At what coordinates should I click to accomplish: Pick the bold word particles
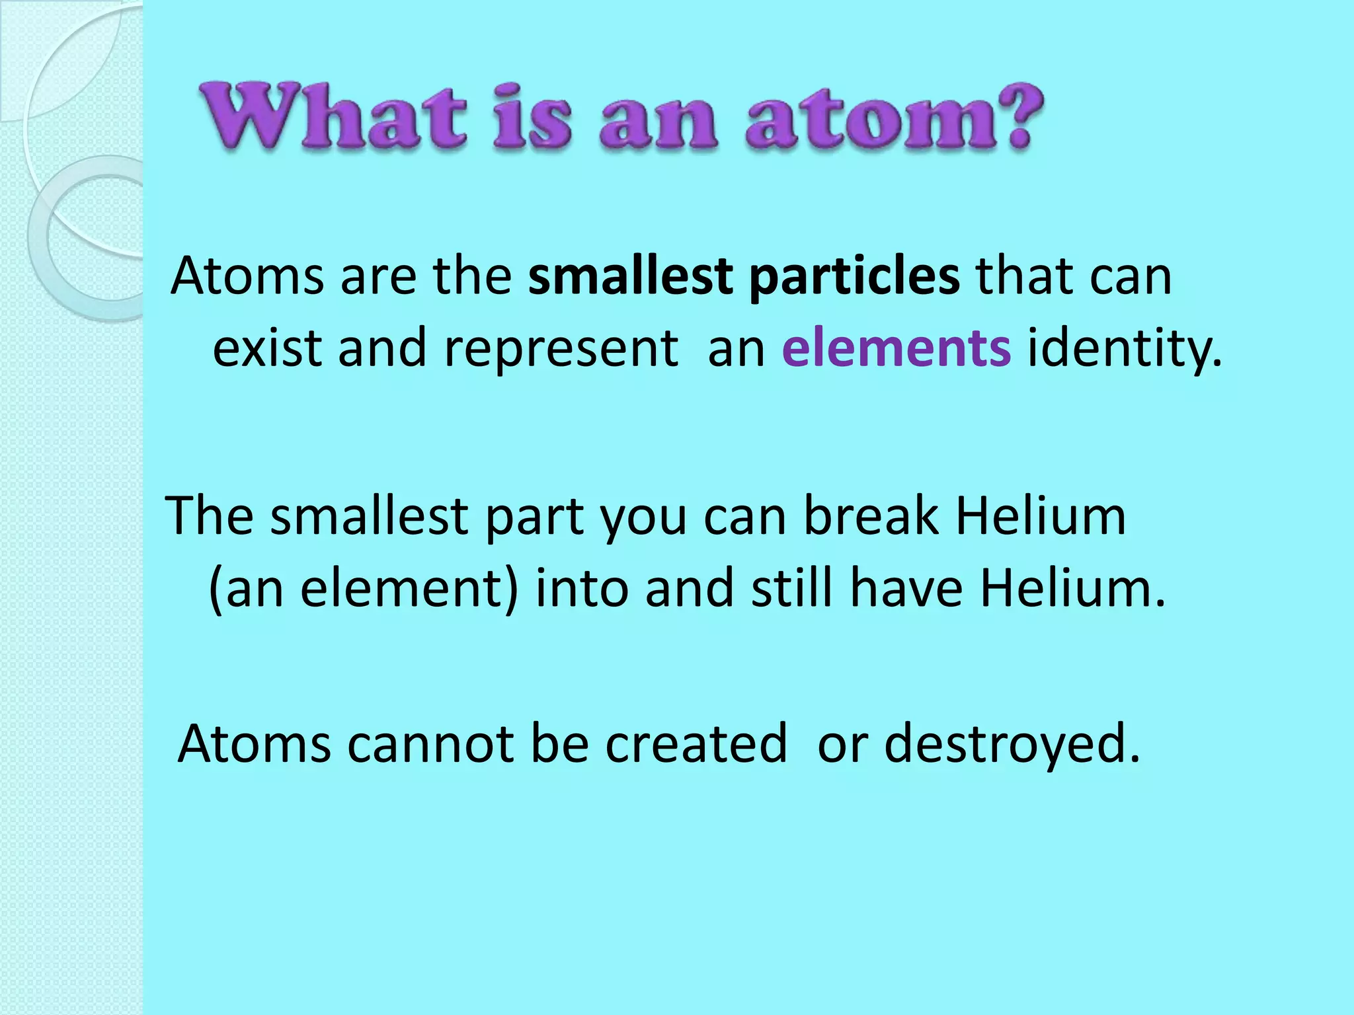click(x=854, y=277)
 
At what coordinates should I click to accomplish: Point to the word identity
click(x=1124, y=349)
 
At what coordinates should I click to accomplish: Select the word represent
click(x=561, y=349)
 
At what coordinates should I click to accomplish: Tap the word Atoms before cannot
click(x=254, y=743)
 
